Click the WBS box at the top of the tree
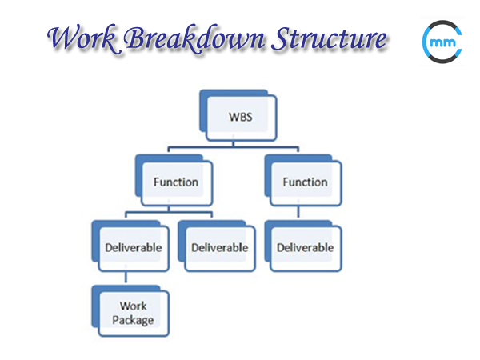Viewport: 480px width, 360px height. point(238,117)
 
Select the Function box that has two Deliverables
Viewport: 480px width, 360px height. point(175,182)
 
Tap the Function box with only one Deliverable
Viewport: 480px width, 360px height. point(305,182)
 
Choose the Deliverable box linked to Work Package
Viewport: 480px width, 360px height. point(133,247)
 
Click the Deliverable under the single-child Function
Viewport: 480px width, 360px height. point(305,247)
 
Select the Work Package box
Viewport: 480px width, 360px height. point(134,312)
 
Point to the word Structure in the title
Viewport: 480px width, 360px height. point(330,38)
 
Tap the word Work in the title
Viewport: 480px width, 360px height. point(78,38)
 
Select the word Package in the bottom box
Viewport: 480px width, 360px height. point(134,319)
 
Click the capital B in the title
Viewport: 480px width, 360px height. point(139,38)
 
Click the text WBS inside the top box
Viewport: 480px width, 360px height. point(238,117)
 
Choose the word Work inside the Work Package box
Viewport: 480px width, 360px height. point(134,306)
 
